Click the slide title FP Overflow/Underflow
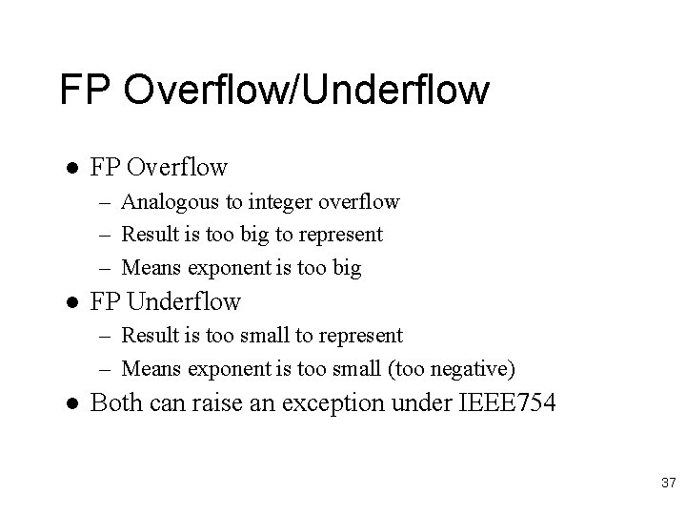point(274,91)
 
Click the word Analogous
point(169,202)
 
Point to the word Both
point(115,402)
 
